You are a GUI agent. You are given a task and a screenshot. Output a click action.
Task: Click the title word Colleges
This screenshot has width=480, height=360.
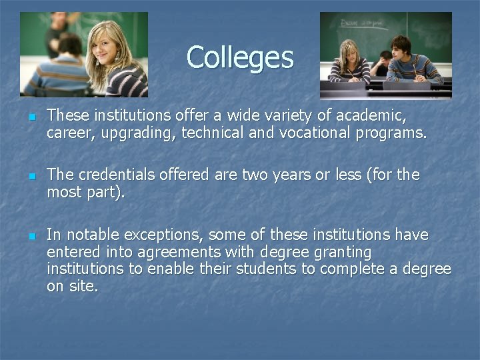pyautogui.click(x=239, y=57)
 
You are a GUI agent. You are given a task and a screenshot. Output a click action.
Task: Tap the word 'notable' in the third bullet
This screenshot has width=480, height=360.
pyautogui.click(x=91, y=235)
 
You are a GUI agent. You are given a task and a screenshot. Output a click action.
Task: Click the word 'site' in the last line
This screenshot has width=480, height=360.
pyautogui.click(x=81, y=287)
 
